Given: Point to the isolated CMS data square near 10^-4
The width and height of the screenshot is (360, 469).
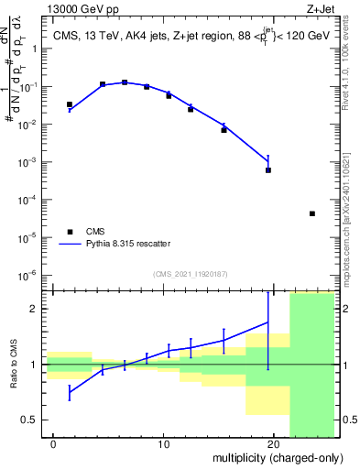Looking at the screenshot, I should coord(312,213).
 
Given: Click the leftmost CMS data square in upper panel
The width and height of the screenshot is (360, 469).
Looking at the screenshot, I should coord(70,104).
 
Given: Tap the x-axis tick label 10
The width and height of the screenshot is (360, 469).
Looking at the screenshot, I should coord(164,444).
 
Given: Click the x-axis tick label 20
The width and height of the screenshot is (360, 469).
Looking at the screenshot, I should coord(274,444).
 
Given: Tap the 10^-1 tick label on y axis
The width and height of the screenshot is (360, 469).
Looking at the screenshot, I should coord(30,86).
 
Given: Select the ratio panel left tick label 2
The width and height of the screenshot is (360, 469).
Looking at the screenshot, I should coord(37,309).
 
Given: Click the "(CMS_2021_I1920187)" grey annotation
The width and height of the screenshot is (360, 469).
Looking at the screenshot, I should coord(191,273).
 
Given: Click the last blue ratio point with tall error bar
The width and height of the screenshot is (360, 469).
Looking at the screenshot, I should coord(268,322).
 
